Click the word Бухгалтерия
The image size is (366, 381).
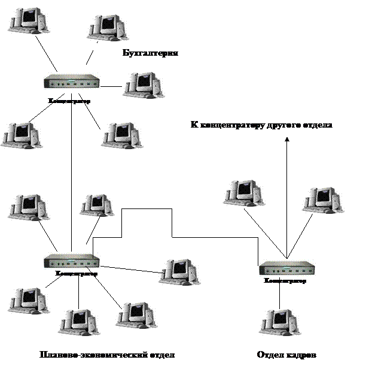150,54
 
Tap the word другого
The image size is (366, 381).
286,126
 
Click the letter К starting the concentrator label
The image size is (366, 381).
194,126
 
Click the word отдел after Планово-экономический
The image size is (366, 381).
161,355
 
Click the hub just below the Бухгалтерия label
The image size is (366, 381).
72,81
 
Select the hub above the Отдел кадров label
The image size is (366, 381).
286,267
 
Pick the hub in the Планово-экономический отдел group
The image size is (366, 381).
72,261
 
